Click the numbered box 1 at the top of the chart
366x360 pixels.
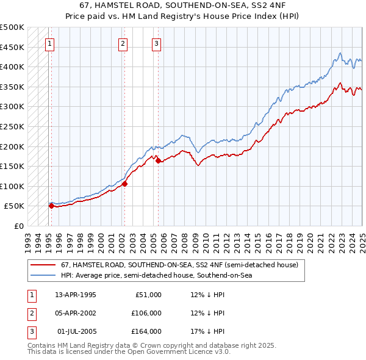[49, 43]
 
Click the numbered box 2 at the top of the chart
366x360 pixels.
[123, 43]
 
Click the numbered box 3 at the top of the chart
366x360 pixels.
[156, 43]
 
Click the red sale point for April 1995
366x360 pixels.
[51, 206]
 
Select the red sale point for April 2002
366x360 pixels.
[124, 184]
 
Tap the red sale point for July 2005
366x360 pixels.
[158, 160]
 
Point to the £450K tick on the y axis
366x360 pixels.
[12, 47]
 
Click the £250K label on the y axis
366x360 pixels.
[12, 126]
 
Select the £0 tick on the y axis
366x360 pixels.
[18, 226]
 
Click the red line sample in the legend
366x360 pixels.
[43, 265]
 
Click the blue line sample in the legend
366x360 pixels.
[43, 276]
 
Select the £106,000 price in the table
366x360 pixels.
[147, 313]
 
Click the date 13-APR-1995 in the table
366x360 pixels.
[76, 295]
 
